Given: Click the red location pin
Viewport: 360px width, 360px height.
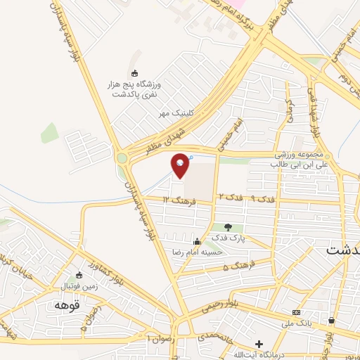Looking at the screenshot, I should coord(181,165).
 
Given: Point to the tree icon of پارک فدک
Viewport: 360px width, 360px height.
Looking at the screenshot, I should coord(228,226).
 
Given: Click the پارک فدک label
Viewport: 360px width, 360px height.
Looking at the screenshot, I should coord(229,238).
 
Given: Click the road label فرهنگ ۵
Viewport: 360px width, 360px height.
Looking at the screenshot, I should coord(236,267).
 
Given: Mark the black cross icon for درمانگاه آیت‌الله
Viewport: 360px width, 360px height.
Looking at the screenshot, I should coord(259,345).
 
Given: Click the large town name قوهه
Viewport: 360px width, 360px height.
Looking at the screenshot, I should coord(68,306).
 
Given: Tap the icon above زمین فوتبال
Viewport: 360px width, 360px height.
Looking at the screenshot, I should coord(79,276).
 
